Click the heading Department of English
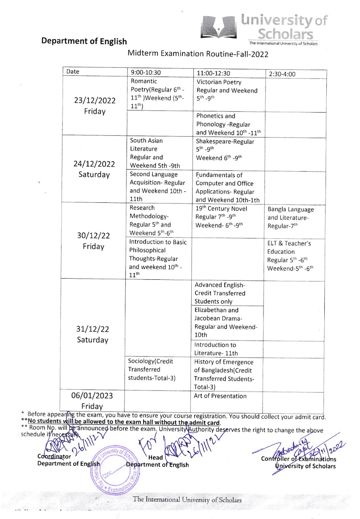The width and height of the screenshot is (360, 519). click(84, 41)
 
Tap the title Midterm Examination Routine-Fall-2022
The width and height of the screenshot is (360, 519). click(198, 53)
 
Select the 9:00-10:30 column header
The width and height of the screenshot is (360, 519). click(146, 73)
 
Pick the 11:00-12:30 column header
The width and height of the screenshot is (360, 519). click(213, 73)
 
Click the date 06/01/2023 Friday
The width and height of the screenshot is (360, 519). click(92, 401)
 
